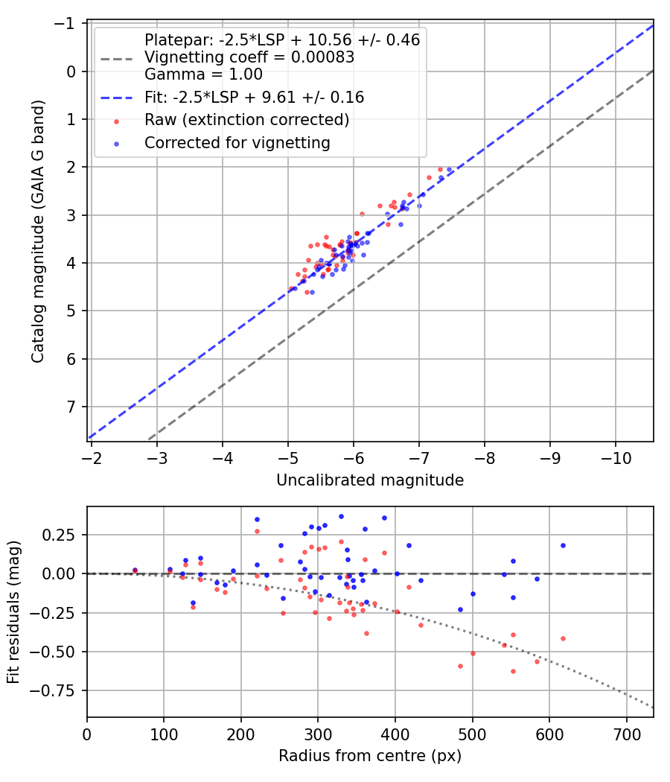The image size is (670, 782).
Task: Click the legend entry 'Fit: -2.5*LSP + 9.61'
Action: (254, 98)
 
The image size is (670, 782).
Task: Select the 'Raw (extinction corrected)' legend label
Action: (246, 120)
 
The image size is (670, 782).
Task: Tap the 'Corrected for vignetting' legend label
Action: (237, 142)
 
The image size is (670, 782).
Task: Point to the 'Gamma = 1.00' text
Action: (203, 74)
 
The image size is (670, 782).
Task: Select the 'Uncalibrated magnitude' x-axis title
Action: (370, 481)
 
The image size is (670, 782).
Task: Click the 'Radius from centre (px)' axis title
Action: (370, 757)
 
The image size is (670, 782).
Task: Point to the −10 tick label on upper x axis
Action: (615, 458)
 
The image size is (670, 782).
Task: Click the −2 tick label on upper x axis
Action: (92, 458)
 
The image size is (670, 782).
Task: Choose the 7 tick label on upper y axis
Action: (73, 407)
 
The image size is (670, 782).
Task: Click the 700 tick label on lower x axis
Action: (626, 734)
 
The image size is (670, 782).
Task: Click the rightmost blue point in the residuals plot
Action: (563, 545)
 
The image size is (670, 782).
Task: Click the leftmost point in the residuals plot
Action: (135, 570)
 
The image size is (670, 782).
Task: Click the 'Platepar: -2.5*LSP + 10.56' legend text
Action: (282, 40)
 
